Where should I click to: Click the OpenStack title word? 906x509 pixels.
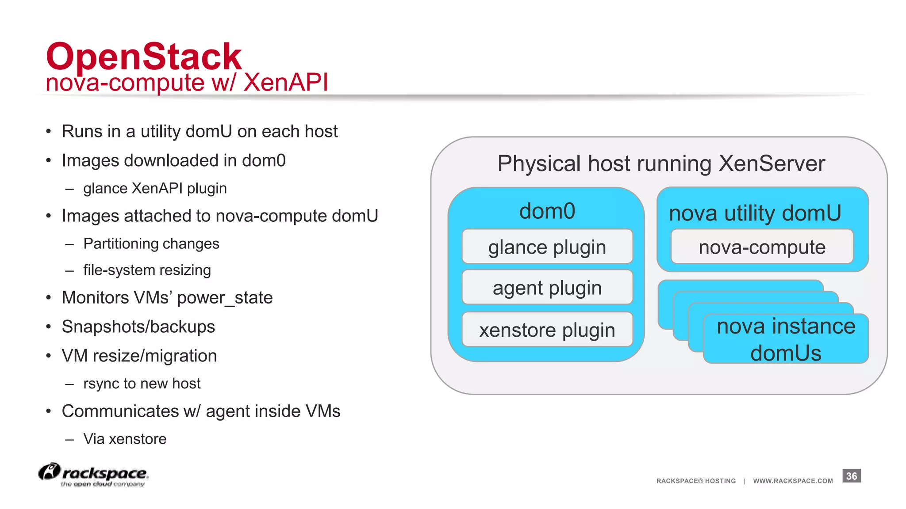click(144, 57)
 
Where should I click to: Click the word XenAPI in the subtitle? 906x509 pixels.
click(285, 83)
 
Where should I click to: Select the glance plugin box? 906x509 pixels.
click(547, 247)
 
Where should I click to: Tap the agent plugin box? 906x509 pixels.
click(547, 288)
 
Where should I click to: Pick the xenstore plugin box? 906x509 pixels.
click(547, 330)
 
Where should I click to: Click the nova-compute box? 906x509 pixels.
click(762, 247)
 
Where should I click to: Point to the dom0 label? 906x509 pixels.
click(547, 211)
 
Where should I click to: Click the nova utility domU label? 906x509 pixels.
click(755, 213)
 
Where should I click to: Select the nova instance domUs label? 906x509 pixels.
click(786, 339)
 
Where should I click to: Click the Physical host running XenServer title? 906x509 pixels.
click(661, 163)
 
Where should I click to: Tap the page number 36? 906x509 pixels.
click(851, 476)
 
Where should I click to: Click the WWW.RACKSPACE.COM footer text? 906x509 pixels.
click(793, 481)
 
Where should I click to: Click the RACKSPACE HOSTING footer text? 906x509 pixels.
click(696, 481)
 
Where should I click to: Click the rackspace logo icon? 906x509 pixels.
click(49, 471)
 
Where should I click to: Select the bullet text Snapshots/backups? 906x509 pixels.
click(138, 327)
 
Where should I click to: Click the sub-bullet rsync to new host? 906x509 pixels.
click(142, 383)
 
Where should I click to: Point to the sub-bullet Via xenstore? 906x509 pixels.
click(125, 439)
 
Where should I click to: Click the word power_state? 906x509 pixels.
click(225, 298)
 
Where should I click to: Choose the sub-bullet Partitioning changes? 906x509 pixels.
click(151, 243)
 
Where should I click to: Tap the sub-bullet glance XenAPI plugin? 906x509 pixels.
click(155, 188)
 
